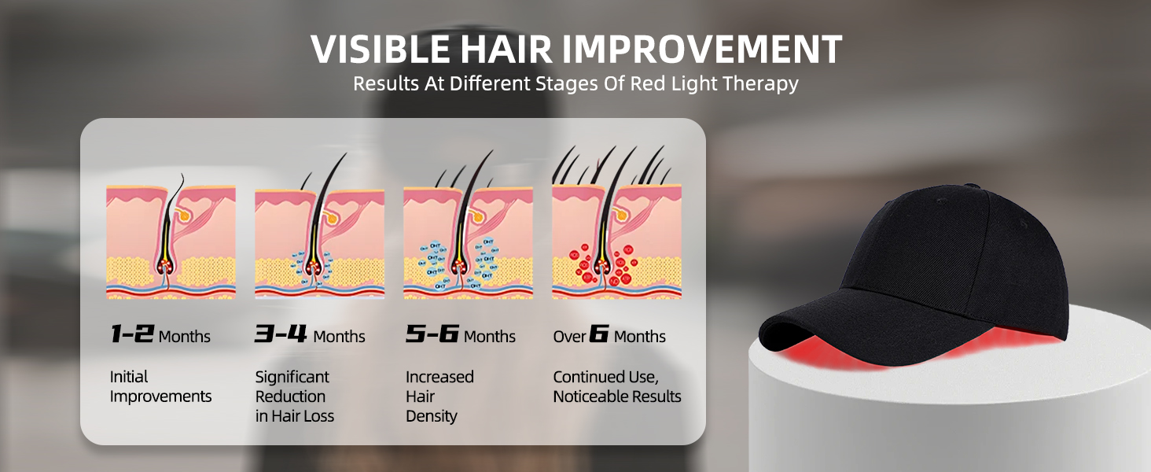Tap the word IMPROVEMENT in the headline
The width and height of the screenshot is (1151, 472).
tap(701, 50)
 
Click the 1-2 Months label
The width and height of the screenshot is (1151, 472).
tap(160, 334)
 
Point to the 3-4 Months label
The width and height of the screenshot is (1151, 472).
tap(310, 334)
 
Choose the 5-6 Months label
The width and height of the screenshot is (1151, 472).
tap(461, 334)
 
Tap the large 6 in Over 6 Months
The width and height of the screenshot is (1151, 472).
tap(598, 334)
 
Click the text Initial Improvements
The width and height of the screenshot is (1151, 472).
tap(160, 387)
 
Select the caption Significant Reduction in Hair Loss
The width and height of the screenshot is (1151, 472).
tap(294, 396)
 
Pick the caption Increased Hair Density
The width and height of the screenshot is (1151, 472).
tap(439, 396)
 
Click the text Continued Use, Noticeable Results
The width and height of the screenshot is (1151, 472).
tap(616, 387)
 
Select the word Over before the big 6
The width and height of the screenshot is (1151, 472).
tap(569, 336)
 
